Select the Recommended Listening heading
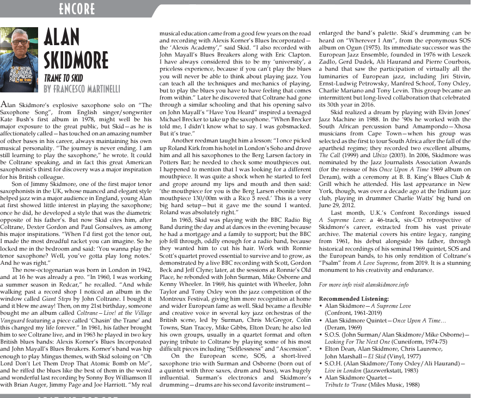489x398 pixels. point(353,299)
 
